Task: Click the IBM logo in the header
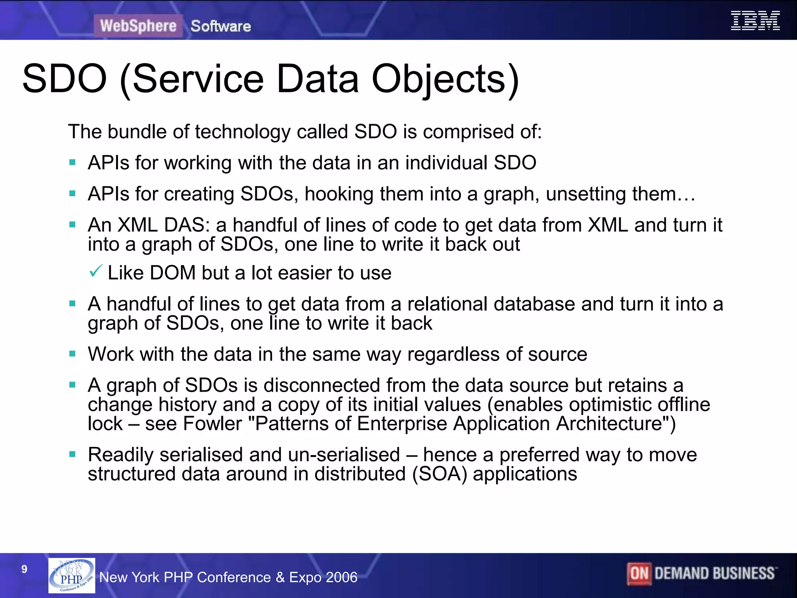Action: [755, 21]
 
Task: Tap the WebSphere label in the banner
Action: [138, 26]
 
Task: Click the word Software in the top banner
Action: [221, 26]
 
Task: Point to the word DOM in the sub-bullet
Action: [172, 273]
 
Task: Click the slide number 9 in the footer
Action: [25, 569]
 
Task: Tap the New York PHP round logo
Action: [72, 575]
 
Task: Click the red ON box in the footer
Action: [639, 573]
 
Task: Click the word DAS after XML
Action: [187, 225]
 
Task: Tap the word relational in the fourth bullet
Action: [447, 304]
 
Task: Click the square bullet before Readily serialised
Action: [72, 454]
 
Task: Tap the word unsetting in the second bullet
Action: [586, 194]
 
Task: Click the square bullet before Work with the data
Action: [72, 354]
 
